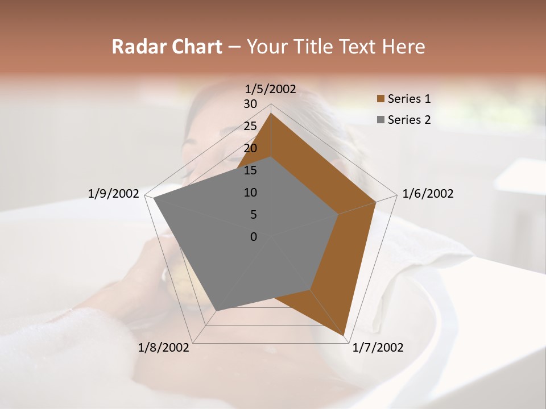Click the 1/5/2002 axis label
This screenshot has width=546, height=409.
[x=270, y=89]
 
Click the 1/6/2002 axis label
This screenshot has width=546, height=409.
[x=428, y=194]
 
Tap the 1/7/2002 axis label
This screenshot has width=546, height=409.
[x=378, y=348]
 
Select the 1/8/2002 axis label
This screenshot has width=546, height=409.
[x=164, y=348]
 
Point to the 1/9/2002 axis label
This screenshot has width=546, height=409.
[x=113, y=194]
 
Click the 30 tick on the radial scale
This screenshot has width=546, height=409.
[x=250, y=104]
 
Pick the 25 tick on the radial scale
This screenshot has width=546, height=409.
[x=250, y=126]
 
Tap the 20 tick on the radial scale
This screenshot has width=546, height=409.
[x=250, y=148]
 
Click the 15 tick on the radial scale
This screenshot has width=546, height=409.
[x=250, y=170]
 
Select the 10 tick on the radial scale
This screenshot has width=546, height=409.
[x=250, y=193]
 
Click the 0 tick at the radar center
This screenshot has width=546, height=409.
[x=254, y=237]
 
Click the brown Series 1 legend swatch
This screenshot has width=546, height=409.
[x=380, y=99]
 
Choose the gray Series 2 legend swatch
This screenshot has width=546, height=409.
[x=380, y=120]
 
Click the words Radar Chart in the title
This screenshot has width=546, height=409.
[x=167, y=47]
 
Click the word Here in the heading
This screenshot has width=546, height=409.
[x=403, y=47]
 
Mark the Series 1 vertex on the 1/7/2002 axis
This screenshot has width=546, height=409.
[x=344, y=335]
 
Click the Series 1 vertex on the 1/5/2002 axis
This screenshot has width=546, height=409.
[x=271, y=114]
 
